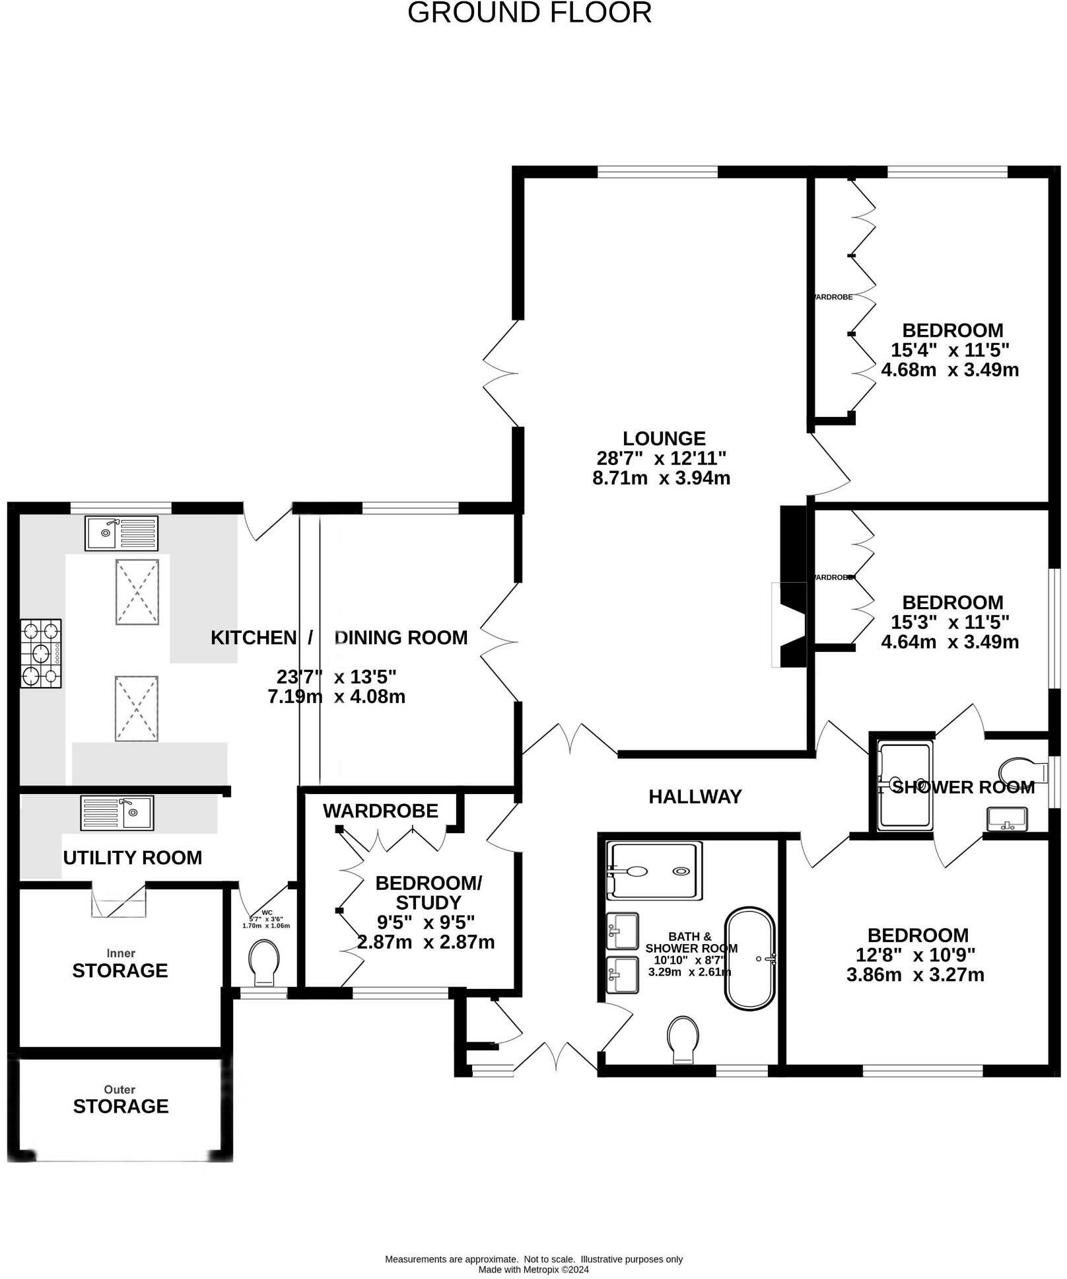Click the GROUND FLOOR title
(529, 13)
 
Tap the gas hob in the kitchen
(41, 653)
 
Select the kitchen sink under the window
(121, 532)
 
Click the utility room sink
(117, 813)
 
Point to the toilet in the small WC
(263, 962)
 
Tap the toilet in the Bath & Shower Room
(683, 1039)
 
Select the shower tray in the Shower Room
(905, 785)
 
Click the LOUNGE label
(664, 439)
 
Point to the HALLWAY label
(695, 797)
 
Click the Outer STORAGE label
(120, 1106)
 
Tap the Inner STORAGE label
(120, 970)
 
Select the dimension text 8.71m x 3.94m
(661, 478)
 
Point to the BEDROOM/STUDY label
(428, 893)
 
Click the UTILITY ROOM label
(132, 858)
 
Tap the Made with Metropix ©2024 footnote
(533, 1269)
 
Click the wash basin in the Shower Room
(1006, 819)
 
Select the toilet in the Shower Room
(1023, 771)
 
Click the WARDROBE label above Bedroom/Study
(380, 811)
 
